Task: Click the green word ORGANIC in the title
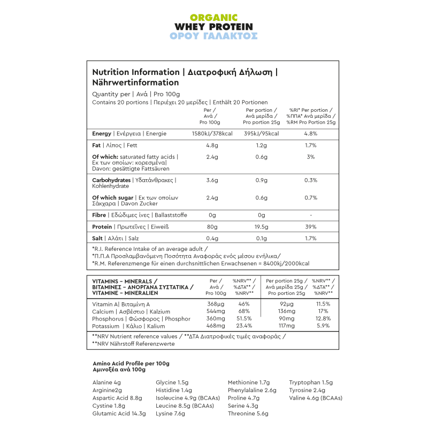pos(213,17)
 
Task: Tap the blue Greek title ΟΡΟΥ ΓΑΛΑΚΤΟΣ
pos(213,36)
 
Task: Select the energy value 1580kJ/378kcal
pos(212,134)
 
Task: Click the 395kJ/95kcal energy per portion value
pos(261,134)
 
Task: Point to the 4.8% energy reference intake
pos(311,134)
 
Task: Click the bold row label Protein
pos(102,227)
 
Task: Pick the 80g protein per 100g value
pos(212,227)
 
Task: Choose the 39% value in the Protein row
pos(311,227)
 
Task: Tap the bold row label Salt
pos(97,239)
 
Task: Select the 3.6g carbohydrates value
pos(212,180)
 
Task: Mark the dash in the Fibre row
pos(311,215)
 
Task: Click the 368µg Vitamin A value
pos(216,304)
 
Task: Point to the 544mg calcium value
pos(216,311)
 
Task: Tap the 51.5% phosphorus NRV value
pos(244,319)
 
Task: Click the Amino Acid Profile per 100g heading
pos(131,363)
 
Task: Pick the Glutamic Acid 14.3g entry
pos(119,414)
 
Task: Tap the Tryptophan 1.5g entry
pos(311,383)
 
